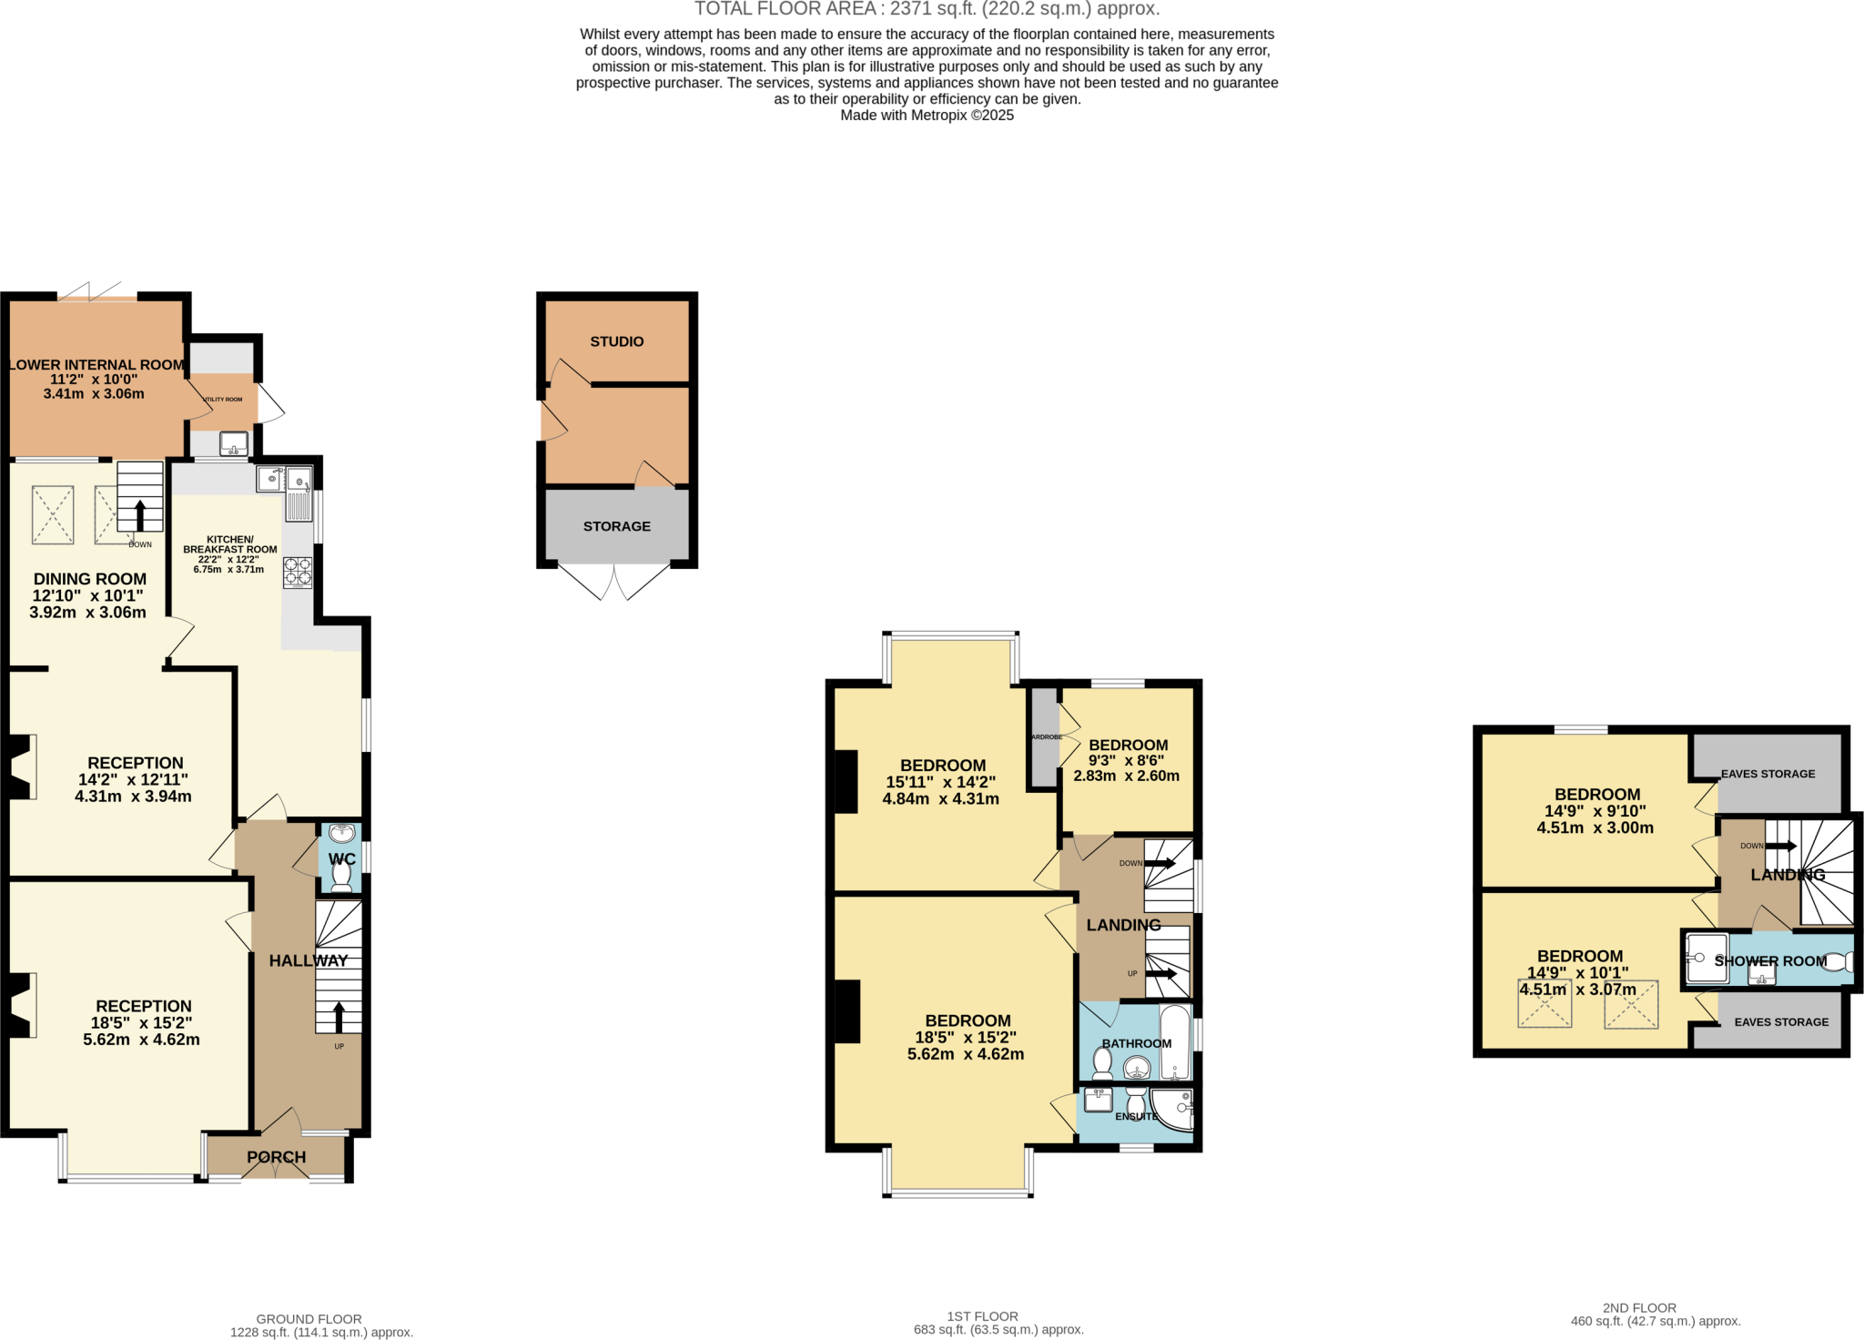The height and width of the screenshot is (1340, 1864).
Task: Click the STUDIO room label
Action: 616,341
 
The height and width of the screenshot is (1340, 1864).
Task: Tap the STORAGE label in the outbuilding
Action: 616,526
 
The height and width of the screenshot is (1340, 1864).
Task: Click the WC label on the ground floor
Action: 342,859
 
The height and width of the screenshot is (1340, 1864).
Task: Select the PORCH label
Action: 277,1157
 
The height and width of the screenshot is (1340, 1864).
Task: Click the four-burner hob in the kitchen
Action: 298,572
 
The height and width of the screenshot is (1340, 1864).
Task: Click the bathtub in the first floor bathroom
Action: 1175,1042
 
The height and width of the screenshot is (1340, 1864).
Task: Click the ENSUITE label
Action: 1136,1117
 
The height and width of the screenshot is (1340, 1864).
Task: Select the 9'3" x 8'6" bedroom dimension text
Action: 1126,761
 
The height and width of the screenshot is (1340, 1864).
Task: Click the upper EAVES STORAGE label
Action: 1768,774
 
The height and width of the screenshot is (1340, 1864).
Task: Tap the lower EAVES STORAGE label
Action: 1781,1022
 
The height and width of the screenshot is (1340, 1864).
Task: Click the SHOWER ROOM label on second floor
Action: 1770,961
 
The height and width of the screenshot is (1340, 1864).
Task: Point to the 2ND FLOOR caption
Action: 1639,1307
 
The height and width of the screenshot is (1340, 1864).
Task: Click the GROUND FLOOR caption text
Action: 309,1318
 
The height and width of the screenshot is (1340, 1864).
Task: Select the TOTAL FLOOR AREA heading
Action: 927,9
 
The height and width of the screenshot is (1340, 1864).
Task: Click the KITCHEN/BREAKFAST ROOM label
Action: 229,544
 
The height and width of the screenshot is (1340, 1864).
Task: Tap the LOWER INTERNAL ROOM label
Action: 96,365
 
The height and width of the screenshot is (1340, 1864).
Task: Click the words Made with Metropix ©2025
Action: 927,116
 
